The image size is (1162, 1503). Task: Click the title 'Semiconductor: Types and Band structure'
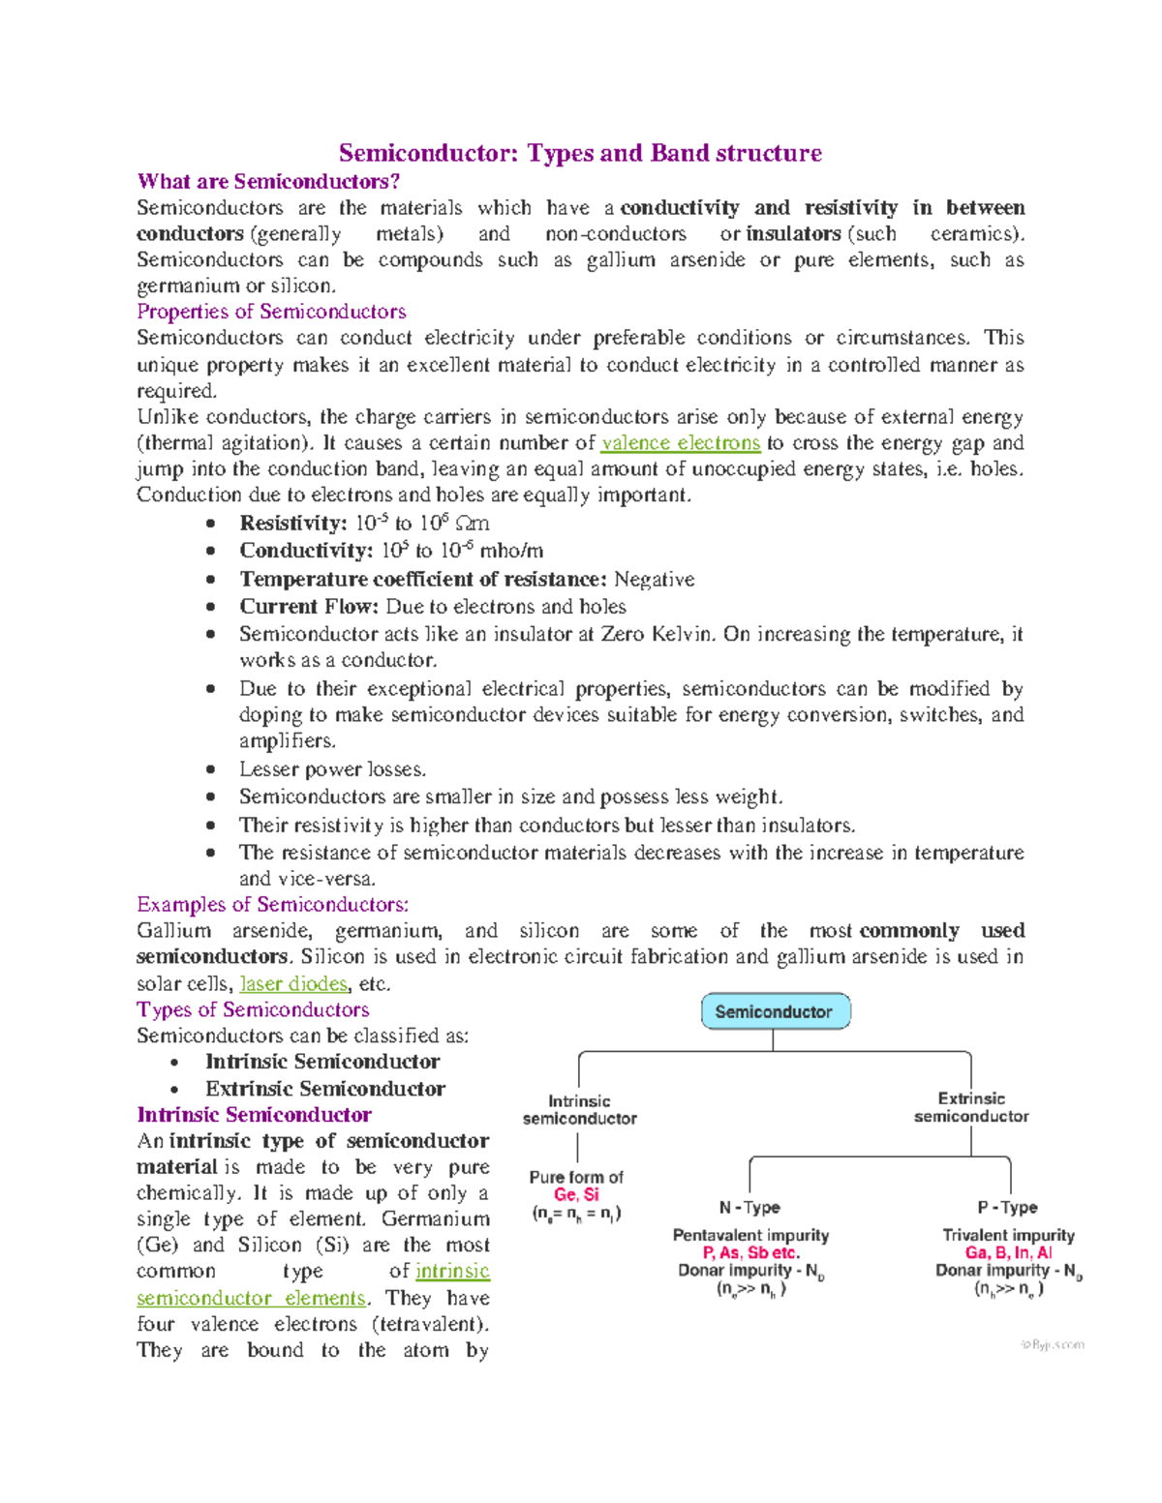(x=580, y=153)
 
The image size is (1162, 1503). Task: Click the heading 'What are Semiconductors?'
(x=268, y=181)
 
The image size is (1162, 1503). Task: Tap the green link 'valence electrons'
(x=680, y=443)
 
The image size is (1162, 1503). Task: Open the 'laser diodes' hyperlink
(x=293, y=984)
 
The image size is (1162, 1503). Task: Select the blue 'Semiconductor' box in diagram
(x=774, y=1011)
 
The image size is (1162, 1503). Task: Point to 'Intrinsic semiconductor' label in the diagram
(x=579, y=1110)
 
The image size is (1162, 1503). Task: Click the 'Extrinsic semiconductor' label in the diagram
(x=971, y=1107)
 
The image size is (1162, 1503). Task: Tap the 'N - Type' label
(x=749, y=1208)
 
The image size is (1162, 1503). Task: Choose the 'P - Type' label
(x=1007, y=1208)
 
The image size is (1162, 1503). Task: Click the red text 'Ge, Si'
(x=576, y=1195)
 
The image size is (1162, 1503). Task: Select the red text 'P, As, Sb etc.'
(x=751, y=1253)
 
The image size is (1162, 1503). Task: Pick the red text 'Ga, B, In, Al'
(x=1008, y=1253)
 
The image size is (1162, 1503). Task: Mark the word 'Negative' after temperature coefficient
(x=655, y=580)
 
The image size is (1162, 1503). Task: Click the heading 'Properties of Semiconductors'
(x=271, y=312)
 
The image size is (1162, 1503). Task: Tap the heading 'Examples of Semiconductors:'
(x=272, y=905)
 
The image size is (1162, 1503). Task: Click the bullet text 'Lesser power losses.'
(x=332, y=769)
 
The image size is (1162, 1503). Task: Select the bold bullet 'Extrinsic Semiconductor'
(x=324, y=1089)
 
